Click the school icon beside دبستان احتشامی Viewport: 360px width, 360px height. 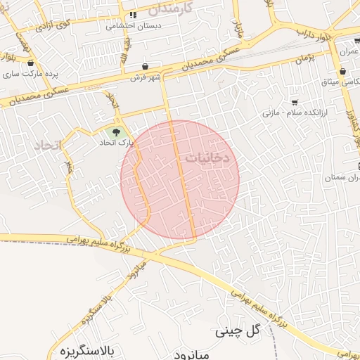coord(131,15)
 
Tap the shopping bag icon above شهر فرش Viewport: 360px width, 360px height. coord(145,65)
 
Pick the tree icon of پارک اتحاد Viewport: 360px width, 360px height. coord(114,131)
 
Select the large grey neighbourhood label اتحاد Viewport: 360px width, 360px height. coord(47,145)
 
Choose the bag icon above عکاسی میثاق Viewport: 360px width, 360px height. coord(342,72)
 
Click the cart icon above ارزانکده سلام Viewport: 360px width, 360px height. coord(294,102)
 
